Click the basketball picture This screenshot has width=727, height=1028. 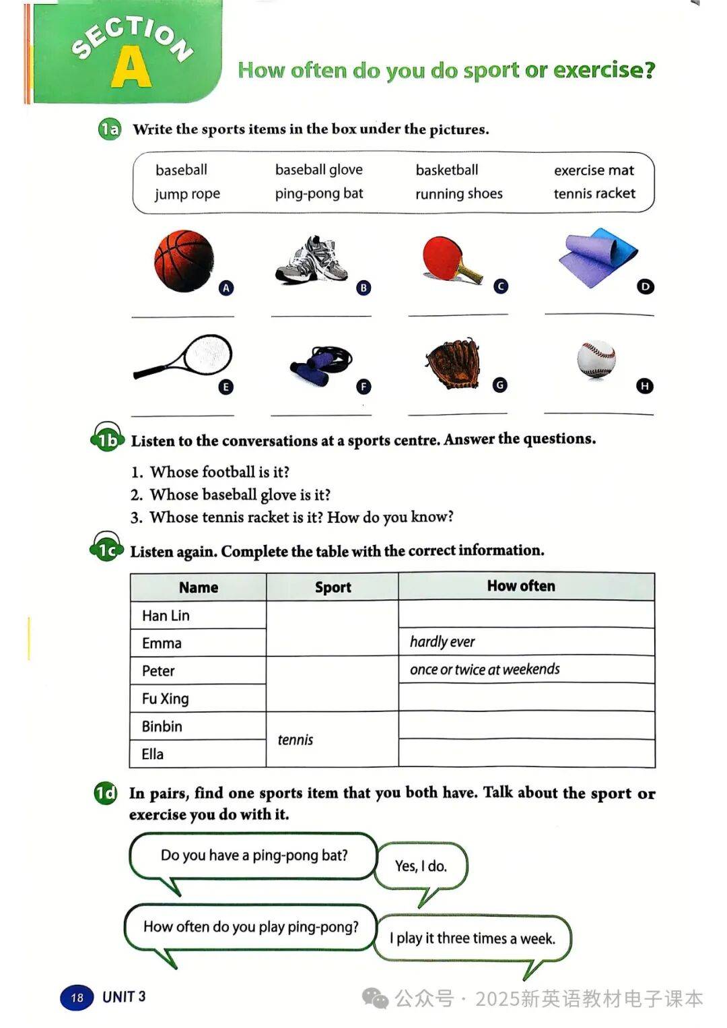point(184,261)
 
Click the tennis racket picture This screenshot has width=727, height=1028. point(185,356)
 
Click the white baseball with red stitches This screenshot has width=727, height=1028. point(596,358)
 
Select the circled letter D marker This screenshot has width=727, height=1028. point(645,287)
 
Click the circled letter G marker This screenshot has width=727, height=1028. point(499,385)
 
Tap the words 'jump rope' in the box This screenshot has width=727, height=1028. point(187,194)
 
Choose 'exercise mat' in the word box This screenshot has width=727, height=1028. point(594,170)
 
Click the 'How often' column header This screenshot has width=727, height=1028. point(521,586)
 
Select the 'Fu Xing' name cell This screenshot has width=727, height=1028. point(166,699)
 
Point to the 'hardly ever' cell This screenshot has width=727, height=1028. point(442,642)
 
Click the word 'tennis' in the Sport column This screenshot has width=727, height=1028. point(296,740)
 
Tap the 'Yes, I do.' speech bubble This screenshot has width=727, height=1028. point(421,866)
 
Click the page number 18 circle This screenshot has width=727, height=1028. point(77,997)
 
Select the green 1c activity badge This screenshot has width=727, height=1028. point(106,550)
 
